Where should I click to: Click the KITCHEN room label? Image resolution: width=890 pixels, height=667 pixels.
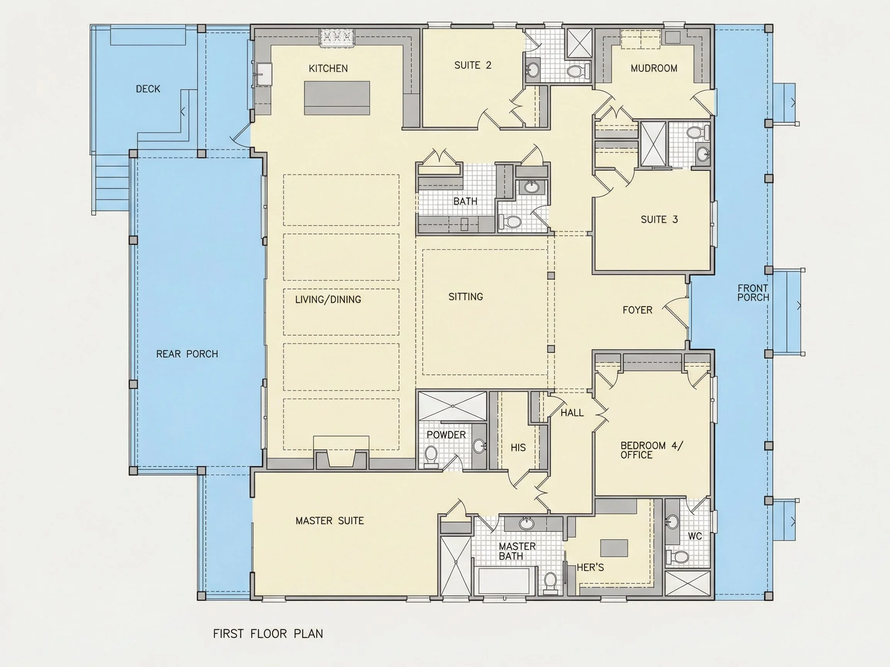pos(328,69)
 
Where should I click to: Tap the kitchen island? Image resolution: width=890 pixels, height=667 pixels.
pos(337,98)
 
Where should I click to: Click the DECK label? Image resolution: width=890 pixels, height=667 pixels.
pos(148,89)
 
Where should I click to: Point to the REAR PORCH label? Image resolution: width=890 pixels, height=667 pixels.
pos(187,354)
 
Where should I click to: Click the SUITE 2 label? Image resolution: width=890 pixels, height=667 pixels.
pos(473,66)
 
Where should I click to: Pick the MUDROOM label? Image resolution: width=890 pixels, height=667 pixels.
pos(654,68)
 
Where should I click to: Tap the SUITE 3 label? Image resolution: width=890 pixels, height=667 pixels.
pos(659,220)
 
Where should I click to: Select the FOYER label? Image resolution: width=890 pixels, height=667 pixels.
pos(637,310)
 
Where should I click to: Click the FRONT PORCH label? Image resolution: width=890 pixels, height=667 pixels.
pos(753,293)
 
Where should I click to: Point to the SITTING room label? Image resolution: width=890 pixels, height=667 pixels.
pos(465,297)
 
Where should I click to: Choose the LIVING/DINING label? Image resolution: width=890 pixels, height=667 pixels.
pos(328,300)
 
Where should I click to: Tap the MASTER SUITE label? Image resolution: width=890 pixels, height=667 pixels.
pos(330,521)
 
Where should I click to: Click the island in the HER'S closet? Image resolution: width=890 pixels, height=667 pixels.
pos(614,548)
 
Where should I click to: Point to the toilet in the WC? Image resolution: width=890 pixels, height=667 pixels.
pos(677,557)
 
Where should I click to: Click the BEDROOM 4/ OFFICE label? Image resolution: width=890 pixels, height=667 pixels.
pos(652,450)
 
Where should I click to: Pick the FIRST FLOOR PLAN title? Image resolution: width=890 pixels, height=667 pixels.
pos(268,634)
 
